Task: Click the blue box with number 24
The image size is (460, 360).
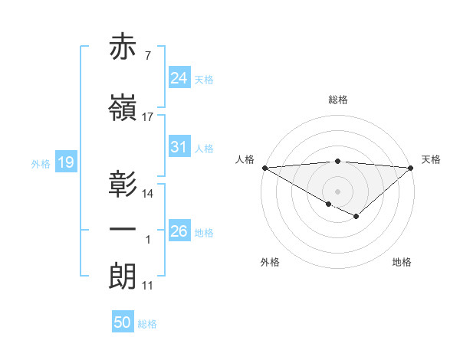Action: point(179,79)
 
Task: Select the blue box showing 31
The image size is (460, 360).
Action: point(179,148)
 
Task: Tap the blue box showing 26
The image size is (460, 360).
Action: point(179,231)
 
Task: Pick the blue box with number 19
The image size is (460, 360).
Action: point(65,162)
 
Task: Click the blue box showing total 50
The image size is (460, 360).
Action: point(123,322)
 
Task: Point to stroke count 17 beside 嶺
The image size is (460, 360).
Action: point(148,117)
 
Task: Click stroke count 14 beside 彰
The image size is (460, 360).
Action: point(148,193)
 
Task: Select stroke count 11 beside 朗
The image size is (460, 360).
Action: point(148,286)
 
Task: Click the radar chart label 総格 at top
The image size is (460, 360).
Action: point(337,100)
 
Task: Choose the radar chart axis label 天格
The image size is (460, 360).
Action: point(431,159)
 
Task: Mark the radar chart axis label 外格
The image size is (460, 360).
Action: point(270,262)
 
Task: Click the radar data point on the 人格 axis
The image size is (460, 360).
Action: point(264,167)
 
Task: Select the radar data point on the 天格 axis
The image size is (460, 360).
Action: point(411,167)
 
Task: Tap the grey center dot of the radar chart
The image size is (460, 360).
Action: point(337,191)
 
